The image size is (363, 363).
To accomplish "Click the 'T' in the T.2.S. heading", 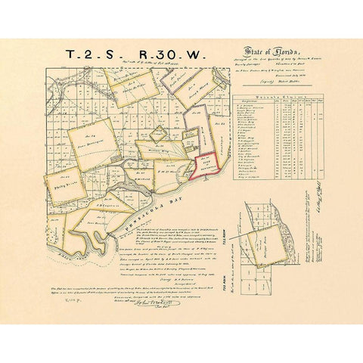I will (70, 55).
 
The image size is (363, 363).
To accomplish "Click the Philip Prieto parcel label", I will (67, 179).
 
